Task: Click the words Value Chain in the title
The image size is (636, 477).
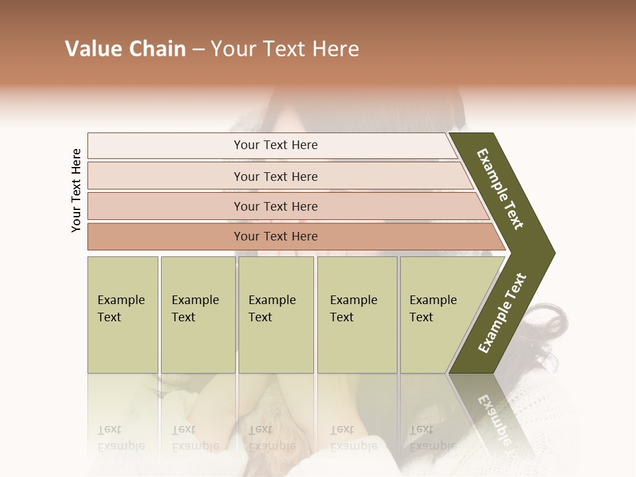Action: coord(125,49)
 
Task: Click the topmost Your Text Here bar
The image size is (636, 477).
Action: coord(275,145)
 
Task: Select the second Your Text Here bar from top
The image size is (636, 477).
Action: coord(275,176)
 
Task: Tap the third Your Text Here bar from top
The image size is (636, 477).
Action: coord(275,206)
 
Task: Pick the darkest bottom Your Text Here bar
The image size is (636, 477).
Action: coord(275,237)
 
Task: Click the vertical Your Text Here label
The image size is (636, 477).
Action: coord(76,190)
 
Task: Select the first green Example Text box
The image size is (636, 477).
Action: coord(123,314)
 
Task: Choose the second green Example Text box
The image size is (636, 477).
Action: coord(197,314)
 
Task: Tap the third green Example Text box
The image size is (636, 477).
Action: coord(275,314)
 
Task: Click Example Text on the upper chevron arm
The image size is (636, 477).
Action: coord(501,189)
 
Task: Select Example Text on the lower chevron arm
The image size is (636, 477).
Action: coord(502,313)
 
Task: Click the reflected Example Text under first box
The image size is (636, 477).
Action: coord(121,437)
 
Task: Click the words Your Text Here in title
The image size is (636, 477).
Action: coord(285,49)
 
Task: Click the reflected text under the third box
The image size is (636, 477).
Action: coord(272,437)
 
